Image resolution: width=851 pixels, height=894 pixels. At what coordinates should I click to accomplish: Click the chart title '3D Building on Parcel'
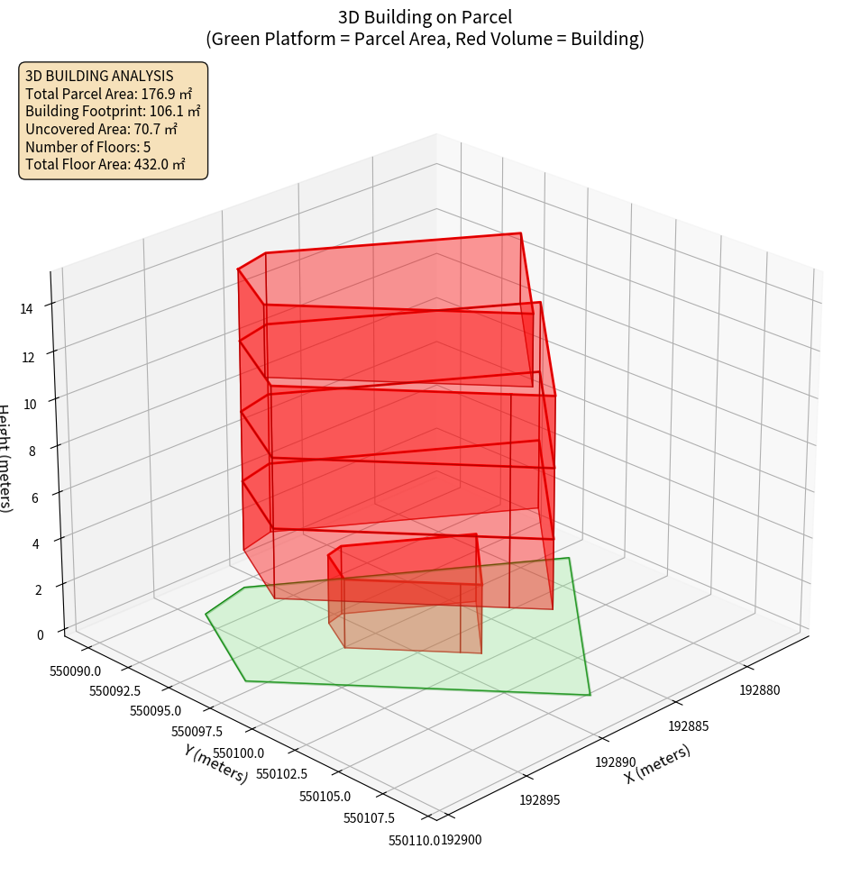(425, 16)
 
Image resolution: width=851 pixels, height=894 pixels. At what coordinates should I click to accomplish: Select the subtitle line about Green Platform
(425, 39)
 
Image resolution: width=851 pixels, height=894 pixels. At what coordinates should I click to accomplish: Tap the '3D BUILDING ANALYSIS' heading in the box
(99, 76)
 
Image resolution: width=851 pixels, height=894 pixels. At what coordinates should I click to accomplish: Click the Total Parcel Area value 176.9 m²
(167, 94)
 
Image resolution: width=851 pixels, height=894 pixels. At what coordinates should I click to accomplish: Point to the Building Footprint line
(113, 111)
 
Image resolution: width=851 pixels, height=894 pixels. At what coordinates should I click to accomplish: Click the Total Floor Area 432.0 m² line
(105, 164)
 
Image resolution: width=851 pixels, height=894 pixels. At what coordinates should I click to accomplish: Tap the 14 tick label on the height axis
(26, 308)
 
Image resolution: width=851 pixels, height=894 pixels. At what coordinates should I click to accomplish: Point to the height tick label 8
(32, 450)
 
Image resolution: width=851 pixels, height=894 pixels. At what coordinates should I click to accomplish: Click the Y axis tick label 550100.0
(237, 753)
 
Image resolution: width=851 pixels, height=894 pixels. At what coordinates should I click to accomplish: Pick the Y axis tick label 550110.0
(414, 840)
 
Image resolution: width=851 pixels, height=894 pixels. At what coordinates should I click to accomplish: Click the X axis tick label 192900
(463, 840)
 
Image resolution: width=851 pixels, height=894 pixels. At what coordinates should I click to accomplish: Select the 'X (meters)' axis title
(657, 763)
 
